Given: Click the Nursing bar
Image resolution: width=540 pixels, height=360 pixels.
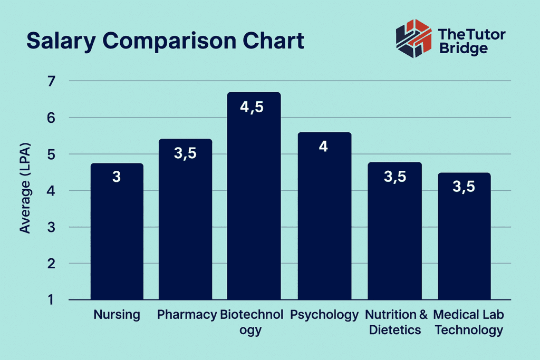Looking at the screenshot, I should [x=117, y=232].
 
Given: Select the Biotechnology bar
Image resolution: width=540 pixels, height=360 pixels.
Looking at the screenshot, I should [x=254, y=200].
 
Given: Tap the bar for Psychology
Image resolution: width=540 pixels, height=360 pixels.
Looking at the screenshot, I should [x=324, y=221].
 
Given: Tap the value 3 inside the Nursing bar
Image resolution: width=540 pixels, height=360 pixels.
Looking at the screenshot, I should [x=117, y=177].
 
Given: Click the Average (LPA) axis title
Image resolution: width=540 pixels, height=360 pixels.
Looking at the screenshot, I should [x=25, y=188].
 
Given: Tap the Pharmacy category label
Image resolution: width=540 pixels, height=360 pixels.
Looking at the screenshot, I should [x=187, y=315].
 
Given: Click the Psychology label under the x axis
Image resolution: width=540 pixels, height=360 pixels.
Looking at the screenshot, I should [x=324, y=315].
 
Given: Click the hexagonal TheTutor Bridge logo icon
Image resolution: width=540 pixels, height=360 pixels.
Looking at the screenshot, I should [x=413, y=38].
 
